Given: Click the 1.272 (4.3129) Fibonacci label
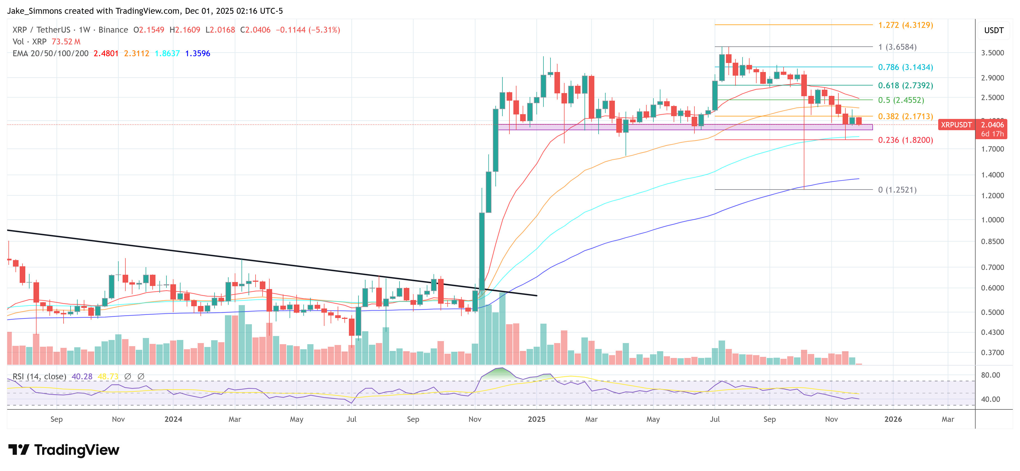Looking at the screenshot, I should point(905,25).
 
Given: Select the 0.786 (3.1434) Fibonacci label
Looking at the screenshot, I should point(905,67).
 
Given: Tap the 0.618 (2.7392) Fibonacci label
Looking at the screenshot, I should point(905,85).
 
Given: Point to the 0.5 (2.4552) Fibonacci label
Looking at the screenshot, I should point(901,100).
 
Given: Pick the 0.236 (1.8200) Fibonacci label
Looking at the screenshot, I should point(905,140).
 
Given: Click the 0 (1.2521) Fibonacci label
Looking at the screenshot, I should point(897,190).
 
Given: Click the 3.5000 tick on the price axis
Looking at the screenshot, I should point(992,53).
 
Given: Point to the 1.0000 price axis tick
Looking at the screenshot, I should point(992,220).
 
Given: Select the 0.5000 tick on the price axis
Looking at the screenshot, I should point(992,312).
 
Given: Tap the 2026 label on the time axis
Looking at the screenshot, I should point(893,419).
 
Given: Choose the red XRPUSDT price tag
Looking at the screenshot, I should point(956,125).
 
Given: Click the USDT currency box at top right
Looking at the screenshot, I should point(994,30).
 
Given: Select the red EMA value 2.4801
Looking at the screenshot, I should point(106,53).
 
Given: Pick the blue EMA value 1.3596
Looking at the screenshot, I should point(198,53).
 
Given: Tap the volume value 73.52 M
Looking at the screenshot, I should point(66,42).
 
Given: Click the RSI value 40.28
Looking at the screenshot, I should point(82,376).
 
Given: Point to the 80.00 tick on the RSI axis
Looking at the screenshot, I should point(990,375).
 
